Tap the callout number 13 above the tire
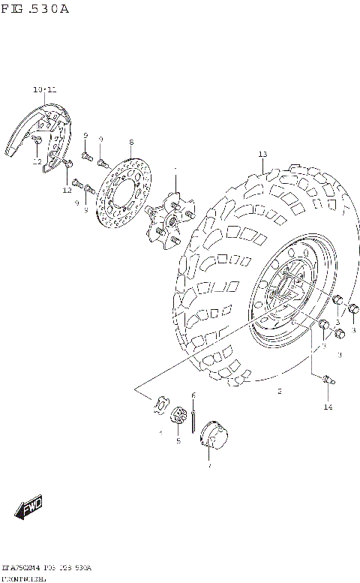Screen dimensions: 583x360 point(262,155)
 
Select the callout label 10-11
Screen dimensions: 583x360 point(44,89)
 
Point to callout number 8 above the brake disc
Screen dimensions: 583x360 point(130,143)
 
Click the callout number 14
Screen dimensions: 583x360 point(327,407)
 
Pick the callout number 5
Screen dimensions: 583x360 point(178,441)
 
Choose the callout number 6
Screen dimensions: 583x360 point(193,395)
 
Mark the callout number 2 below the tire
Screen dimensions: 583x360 point(279,391)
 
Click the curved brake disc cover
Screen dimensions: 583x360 point(37,135)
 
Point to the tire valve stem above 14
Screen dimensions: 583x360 point(328,381)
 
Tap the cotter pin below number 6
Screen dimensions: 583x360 point(193,416)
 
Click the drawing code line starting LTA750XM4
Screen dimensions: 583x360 point(46,568)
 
